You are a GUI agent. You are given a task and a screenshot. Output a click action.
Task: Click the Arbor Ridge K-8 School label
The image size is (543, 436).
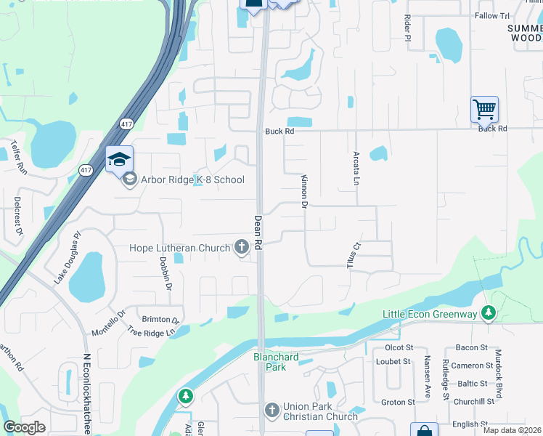tap(192, 179)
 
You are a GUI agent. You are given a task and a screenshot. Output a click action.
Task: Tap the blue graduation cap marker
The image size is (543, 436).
tap(120, 160)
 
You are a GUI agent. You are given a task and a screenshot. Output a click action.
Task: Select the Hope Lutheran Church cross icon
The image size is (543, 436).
tap(242, 248)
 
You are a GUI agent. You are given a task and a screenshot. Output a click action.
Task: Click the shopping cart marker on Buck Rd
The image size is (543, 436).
tap(484, 110)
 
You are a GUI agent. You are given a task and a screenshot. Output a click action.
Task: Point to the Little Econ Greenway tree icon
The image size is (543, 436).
tap(489, 313)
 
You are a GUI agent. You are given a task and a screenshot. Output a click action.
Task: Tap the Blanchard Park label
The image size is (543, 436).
tap(269, 362)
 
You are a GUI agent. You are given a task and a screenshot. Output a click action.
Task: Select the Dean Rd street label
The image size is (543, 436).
tap(258, 233)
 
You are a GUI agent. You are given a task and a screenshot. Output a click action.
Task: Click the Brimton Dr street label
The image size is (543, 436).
tap(160, 320)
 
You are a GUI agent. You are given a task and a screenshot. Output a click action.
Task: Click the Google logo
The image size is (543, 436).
tap(24, 427)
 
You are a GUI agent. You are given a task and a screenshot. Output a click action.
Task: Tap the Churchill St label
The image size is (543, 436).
tap(473, 401)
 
